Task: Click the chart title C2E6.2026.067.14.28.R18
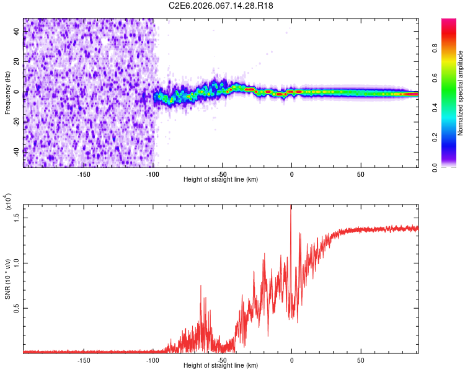pos(221,6)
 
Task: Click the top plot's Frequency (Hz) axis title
pos(7,93)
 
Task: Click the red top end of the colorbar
pos(449,21)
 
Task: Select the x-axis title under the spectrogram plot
pos(221,179)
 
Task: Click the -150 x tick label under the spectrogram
pos(84,174)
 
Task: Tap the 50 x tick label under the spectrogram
pos(361,174)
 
